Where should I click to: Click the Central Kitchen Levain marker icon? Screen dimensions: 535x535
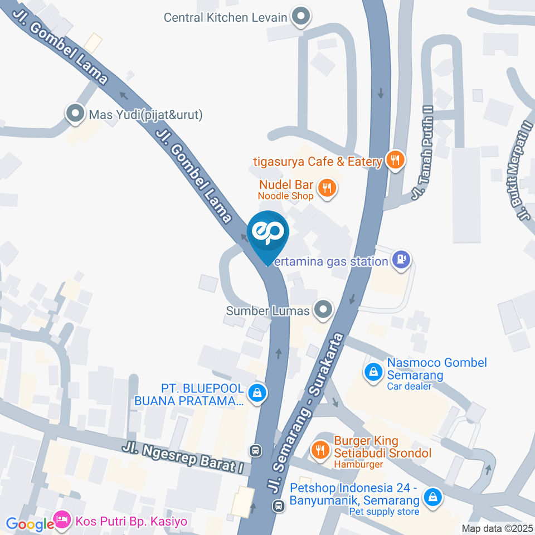coord(301,17)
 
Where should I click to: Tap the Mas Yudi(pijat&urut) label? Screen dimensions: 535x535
coord(145,115)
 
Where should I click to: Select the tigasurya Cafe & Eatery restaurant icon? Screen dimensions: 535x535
coord(396,161)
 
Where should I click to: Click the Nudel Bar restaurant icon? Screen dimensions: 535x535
coord(327,188)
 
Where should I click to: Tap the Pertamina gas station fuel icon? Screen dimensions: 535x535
coord(401,260)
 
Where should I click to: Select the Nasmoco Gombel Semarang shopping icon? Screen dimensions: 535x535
coord(372,372)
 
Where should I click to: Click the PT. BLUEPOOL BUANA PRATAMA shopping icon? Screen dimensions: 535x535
coord(256,393)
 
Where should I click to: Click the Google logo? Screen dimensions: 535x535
coord(29,524)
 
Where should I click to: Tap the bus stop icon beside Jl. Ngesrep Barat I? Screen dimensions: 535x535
coord(256,450)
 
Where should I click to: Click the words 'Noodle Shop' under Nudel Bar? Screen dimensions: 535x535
coord(285,196)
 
